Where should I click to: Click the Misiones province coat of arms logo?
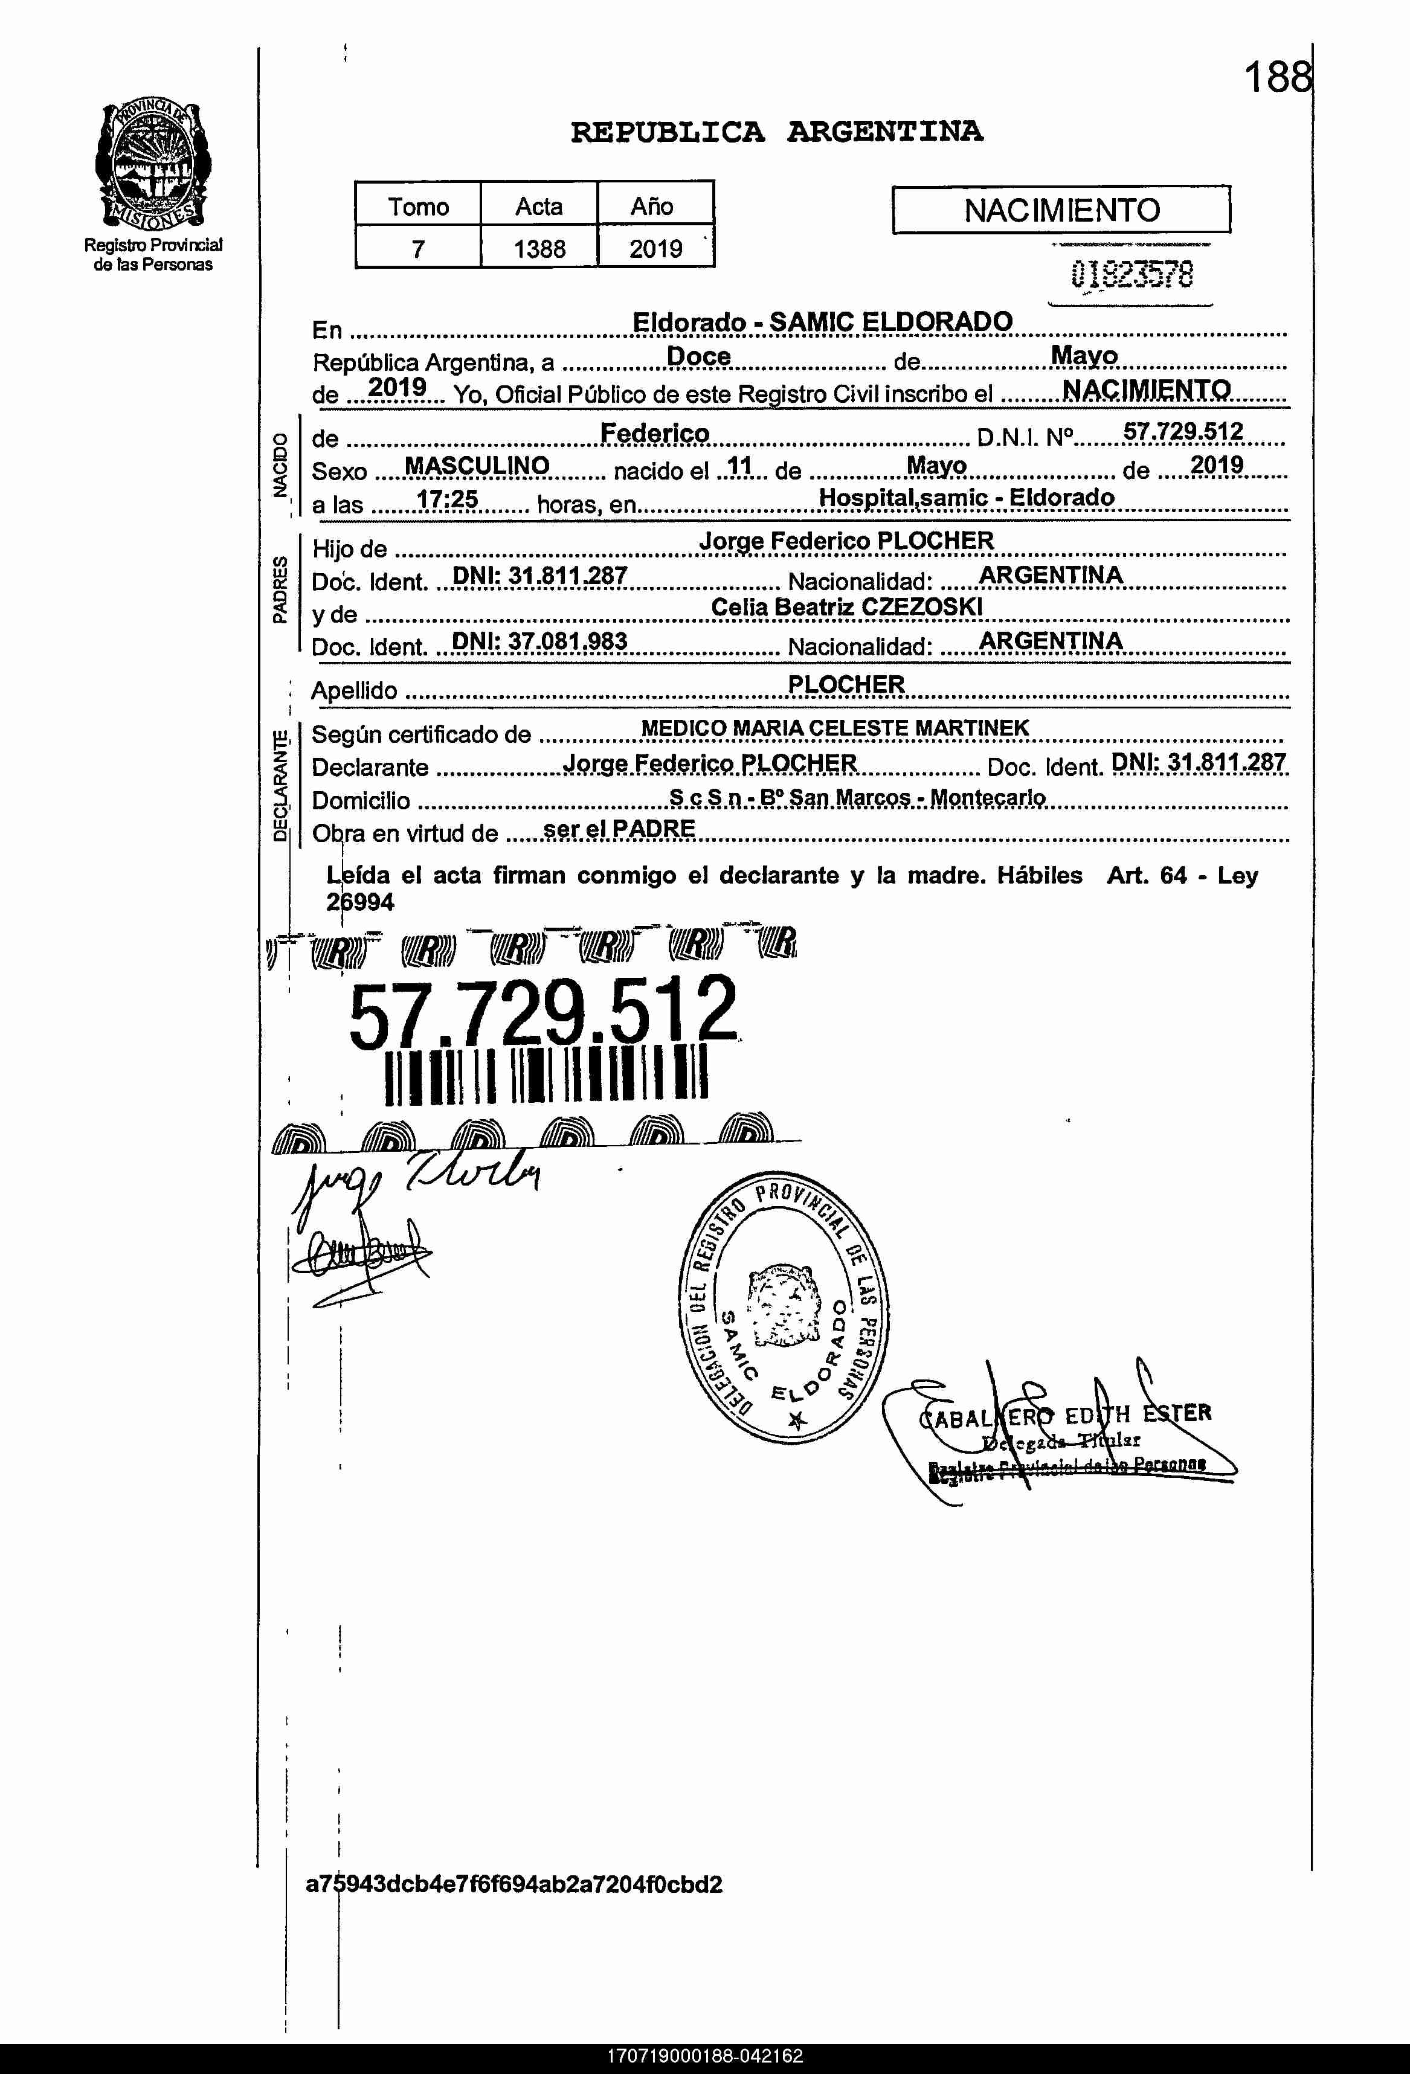click(x=153, y=165)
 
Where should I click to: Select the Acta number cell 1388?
click(x=539, y=248)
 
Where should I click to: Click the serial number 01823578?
click(x=1132, y=275)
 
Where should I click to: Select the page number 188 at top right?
click(x=1278, y=78)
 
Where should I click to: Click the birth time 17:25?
click(x=447, y=499)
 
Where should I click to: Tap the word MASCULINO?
click(x=477, y=466)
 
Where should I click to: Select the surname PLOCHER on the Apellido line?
click(x=846, y=684)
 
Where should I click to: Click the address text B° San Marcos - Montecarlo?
click(x=902, y=797)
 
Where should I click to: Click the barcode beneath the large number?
click(x=546, y=1076)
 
